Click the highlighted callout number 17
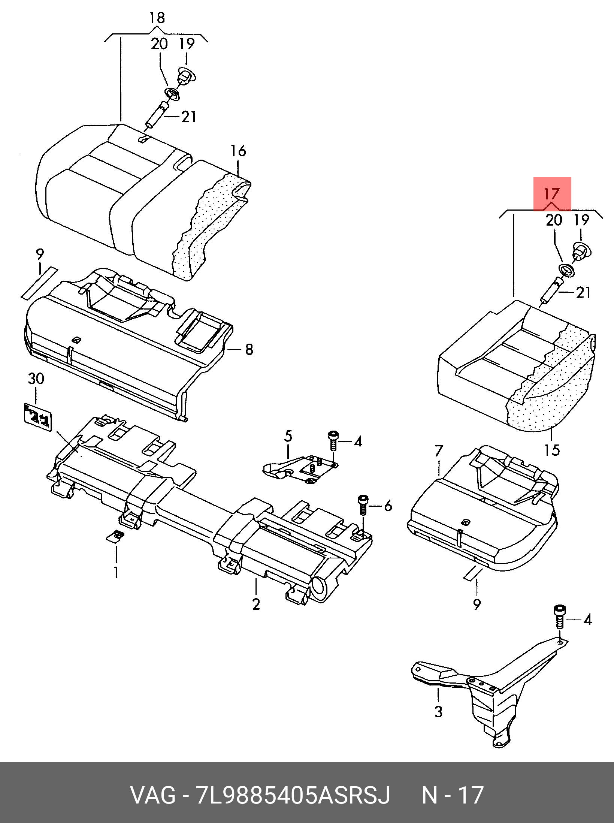point(551,194)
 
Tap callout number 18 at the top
point(157,18)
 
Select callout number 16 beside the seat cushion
point(238,151)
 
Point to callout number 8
point(249,349)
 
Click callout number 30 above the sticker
point(36,379)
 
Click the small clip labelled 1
point(115,536)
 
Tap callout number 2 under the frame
point(256,604)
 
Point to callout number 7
point(439,451)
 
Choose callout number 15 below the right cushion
point(552,450)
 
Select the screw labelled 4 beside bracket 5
point(333,440)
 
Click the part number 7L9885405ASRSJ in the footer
point(293,795)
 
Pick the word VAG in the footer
point(153,795)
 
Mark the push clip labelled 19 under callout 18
point(186,76)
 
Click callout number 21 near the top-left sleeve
point(189,117)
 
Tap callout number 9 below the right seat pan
point(477,604)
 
